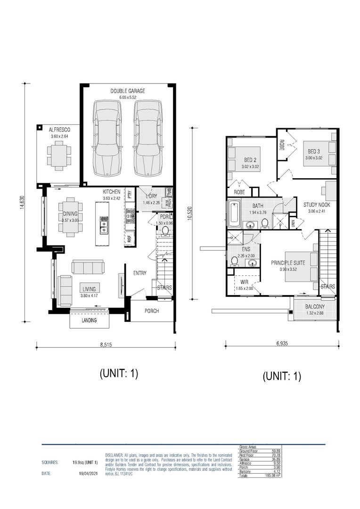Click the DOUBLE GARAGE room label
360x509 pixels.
128,91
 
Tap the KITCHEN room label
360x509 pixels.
112,192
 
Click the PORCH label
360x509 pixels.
152,311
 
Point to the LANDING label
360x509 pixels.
89,320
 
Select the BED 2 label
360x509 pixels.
250,159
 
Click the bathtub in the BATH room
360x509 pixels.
234,214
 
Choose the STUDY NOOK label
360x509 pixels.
316,205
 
